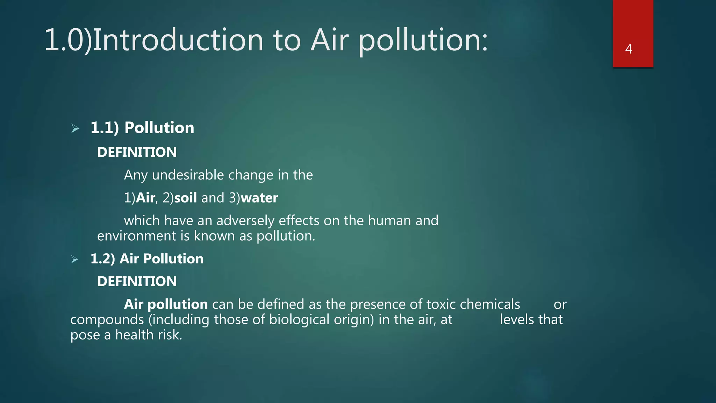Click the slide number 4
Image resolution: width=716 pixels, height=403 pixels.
[x=629, y=49]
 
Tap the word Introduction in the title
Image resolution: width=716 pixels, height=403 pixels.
[x=178, y=40]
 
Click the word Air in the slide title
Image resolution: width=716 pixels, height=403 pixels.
[x=329, y=40]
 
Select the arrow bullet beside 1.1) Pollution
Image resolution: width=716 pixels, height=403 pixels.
[x=75, y=128]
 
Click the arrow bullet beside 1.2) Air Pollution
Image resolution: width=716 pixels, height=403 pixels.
[x=75, y=259]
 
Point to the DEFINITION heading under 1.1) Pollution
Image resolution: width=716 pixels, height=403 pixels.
[x=137, y=152]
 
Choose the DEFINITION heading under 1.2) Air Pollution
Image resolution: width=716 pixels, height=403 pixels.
[x=137, y=281]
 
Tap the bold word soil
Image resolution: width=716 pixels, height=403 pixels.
[x=185, y=198]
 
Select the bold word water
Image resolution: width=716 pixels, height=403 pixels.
[x=259, y=198]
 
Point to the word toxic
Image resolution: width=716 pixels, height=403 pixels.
[x=441, y=304]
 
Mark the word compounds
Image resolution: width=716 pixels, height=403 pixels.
[x=107, y=320]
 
